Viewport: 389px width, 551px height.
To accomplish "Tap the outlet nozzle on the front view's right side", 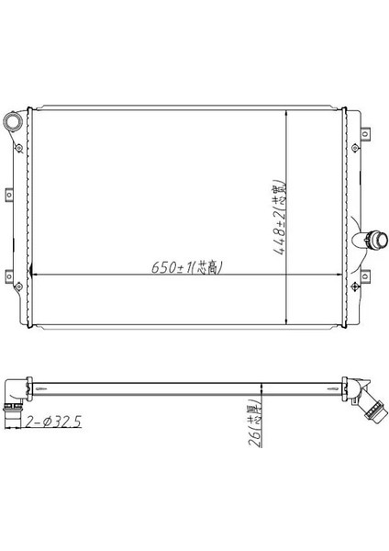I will pos(374,241).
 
